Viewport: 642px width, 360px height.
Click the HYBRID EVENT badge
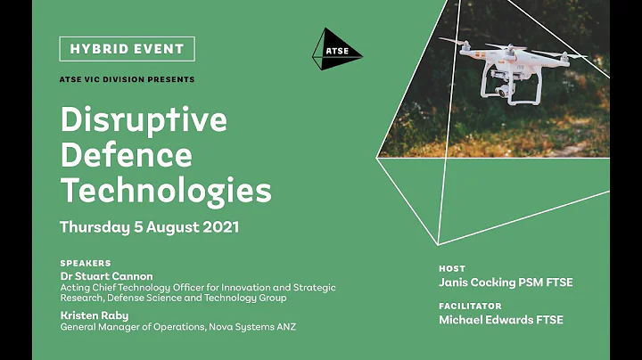click(127, 48)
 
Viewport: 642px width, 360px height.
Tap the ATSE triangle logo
click(336, 51)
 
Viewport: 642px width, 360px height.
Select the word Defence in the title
click(126, 156)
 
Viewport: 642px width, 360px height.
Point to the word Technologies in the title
click(165, 189)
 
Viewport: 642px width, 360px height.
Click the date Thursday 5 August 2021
click(149, 226)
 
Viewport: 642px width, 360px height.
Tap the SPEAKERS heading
click(86, 264)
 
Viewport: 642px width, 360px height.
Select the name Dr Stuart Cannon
click(106, 276)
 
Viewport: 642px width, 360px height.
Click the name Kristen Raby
click(95, 315)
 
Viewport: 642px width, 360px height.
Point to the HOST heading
click(452, 268)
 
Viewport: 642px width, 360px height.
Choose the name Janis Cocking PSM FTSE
click(506, 282)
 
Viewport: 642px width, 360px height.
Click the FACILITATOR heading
click(470, 306)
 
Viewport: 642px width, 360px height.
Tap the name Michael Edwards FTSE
click(500, 320)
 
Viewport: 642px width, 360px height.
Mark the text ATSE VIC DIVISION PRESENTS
click(127, 79)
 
